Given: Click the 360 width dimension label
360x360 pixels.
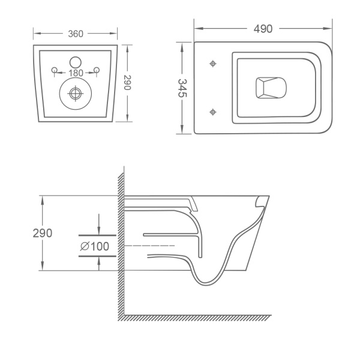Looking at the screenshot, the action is (x=76, y=34).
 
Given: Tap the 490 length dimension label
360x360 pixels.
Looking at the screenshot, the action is (x=263, y=29).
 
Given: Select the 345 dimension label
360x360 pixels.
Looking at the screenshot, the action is (x=182, y=88).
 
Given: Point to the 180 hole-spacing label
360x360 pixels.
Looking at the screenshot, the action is (x=76, y=73).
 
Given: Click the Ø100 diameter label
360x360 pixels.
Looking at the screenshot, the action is (x=95, y=247).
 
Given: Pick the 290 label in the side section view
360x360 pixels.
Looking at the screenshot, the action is (x=43, y=233).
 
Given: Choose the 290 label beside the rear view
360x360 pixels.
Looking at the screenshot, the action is (x=127, y=82).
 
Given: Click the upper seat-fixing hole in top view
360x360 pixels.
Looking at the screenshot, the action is (x=213, y=64).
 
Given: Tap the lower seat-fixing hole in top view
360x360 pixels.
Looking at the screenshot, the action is (x=213, y=112).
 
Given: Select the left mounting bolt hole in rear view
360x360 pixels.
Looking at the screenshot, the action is (x=55, y=70).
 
